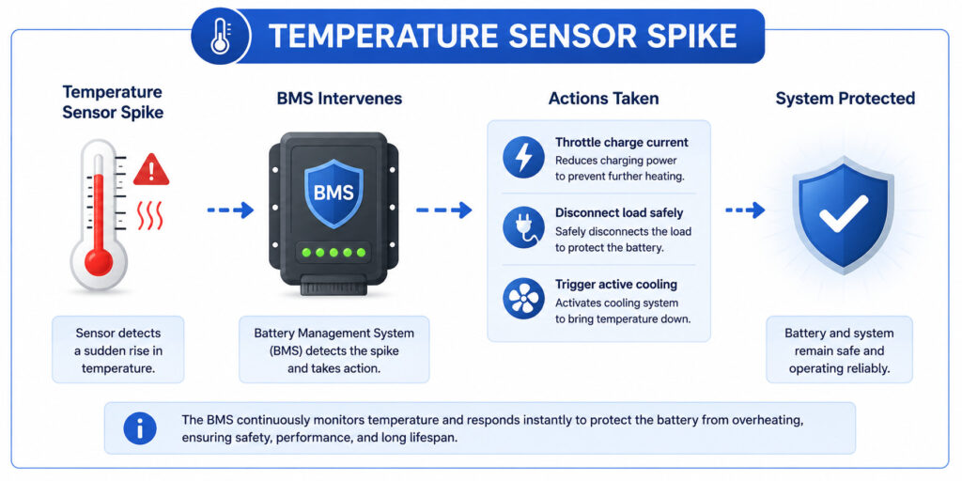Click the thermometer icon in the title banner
221,36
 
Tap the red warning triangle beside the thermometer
151,169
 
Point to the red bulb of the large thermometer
98,261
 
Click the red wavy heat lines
150,215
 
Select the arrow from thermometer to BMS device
230,210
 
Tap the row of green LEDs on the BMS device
334,252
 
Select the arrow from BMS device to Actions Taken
443,210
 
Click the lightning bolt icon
523,157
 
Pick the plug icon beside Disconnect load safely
523,227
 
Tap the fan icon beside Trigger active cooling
523,298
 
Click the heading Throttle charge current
622,143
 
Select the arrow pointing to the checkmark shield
745,210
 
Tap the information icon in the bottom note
140,427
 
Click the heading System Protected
845,98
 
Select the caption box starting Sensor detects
117,349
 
